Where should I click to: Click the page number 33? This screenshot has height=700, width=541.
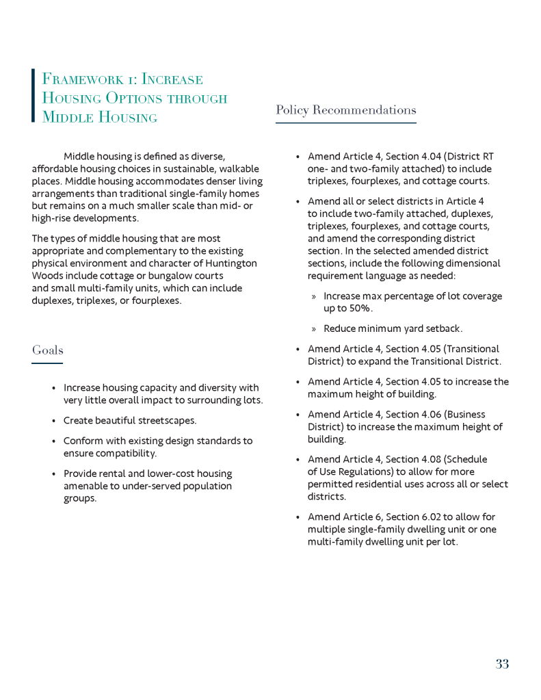pos(502,664)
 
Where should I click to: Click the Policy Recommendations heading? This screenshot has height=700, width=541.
pos(345,110)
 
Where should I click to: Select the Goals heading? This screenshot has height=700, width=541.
pos(47,350)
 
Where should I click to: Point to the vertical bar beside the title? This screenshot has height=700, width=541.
pos(33,95)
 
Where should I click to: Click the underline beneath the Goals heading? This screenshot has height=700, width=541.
pos(47,363)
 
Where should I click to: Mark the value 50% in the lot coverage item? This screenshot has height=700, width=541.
pos(361,309)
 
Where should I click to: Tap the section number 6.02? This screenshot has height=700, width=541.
pos(430,517)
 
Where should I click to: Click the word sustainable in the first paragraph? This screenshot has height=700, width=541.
pos(174,169)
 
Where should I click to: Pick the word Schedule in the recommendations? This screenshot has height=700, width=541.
pos(466,460)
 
